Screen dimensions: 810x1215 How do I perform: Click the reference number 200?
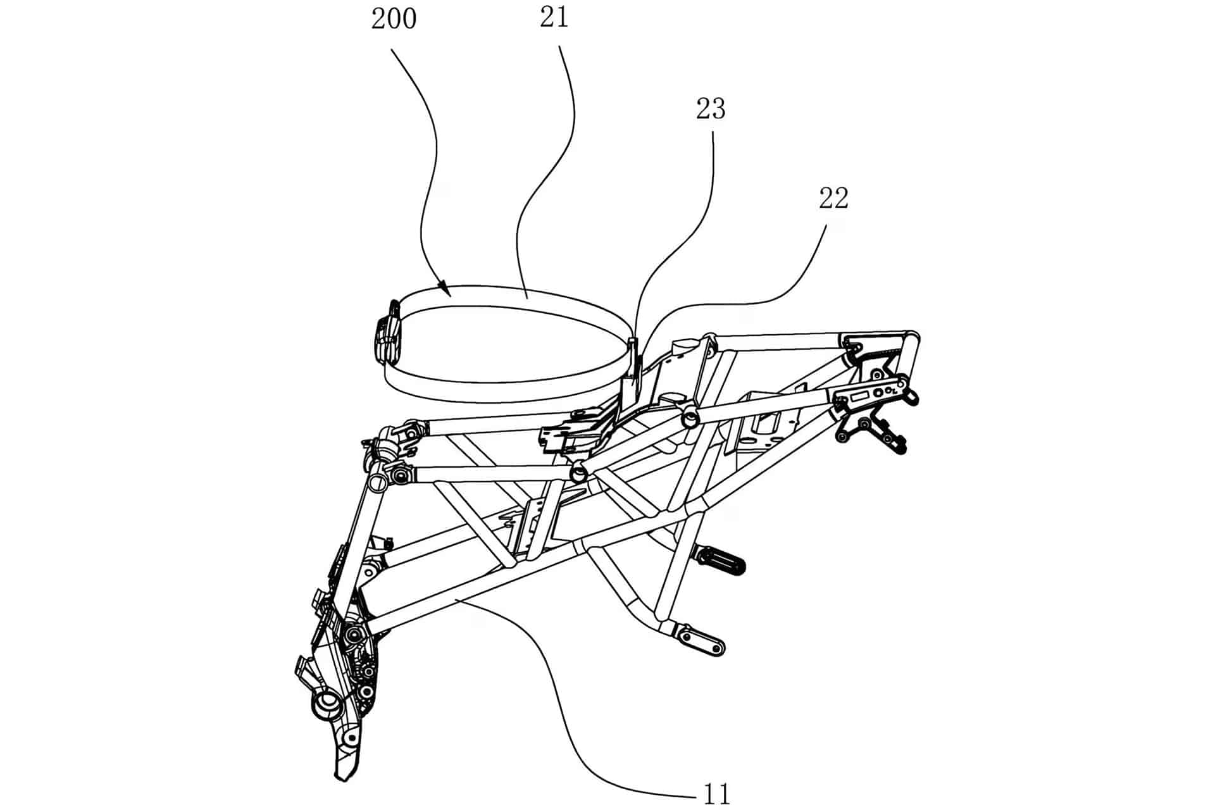[x=394, y=19]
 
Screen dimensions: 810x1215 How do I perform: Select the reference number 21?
[x=554, y=18]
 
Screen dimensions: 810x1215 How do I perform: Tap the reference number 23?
[x=711, y=109]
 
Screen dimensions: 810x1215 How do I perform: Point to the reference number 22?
[x=833, y=199]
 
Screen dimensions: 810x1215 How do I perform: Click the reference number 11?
[x=717, y=794]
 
